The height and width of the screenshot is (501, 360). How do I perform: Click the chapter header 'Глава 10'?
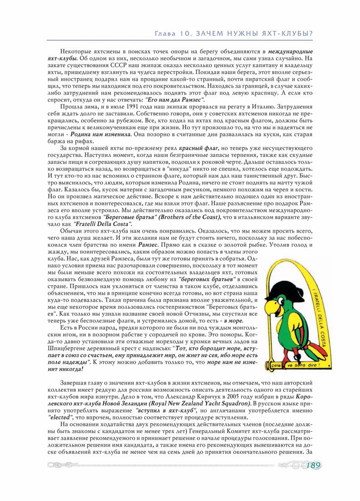173,34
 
